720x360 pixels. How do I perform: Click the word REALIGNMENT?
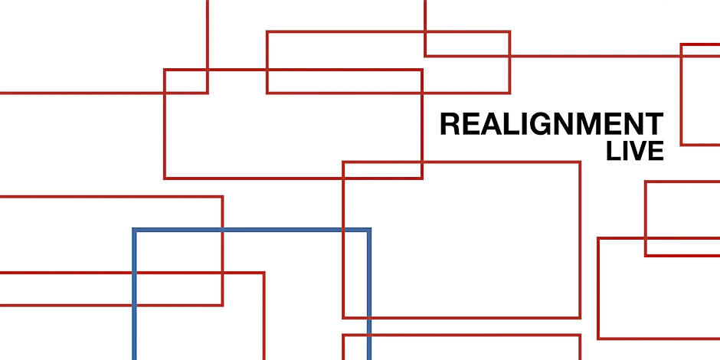click(x=551, y=124)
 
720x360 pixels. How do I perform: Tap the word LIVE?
click(x=634, y=151)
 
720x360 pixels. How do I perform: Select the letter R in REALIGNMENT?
click(x=450, y=124)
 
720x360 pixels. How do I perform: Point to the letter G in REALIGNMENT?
click(x=542, y=124)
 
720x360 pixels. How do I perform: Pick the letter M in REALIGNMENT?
click(x=588, y=124)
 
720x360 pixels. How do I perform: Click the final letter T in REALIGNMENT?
click(x=653, y=124)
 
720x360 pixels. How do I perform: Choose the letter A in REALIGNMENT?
click(x=491, y=124)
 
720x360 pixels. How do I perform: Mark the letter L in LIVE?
click(x=613, y=151)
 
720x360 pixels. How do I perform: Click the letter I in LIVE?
click(x=624, y=151)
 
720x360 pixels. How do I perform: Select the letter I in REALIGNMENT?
click(x=525, y=124)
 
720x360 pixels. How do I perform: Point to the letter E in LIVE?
click(x=655, y=151)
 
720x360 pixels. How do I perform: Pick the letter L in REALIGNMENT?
click(x=511, y=124)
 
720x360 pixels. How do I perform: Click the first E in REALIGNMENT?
click(x=470, y=124)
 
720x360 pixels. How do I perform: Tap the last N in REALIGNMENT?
click(x=633, y=124)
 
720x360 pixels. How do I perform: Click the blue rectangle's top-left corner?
click(x=135, y=230)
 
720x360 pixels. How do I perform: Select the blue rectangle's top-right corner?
click(x=368, y=230)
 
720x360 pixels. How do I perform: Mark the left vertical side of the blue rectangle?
click(x=135, y=299)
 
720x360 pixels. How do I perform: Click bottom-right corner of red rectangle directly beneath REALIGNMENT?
click(x=580, y=317)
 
